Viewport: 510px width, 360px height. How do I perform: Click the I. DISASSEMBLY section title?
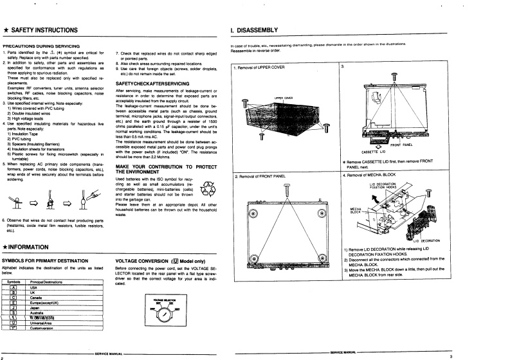[254, 30]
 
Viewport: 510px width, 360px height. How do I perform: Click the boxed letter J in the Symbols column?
[13, 308]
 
